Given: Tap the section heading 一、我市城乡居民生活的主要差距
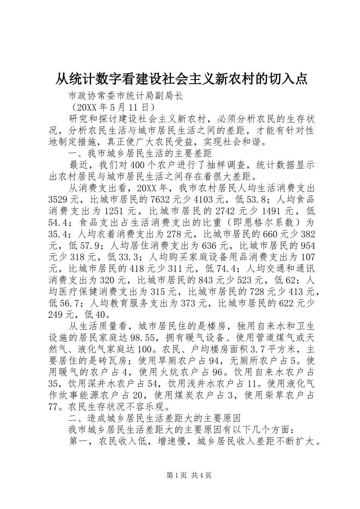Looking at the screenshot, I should coord(140,154).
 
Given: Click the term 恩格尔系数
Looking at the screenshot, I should coord(274,222).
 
